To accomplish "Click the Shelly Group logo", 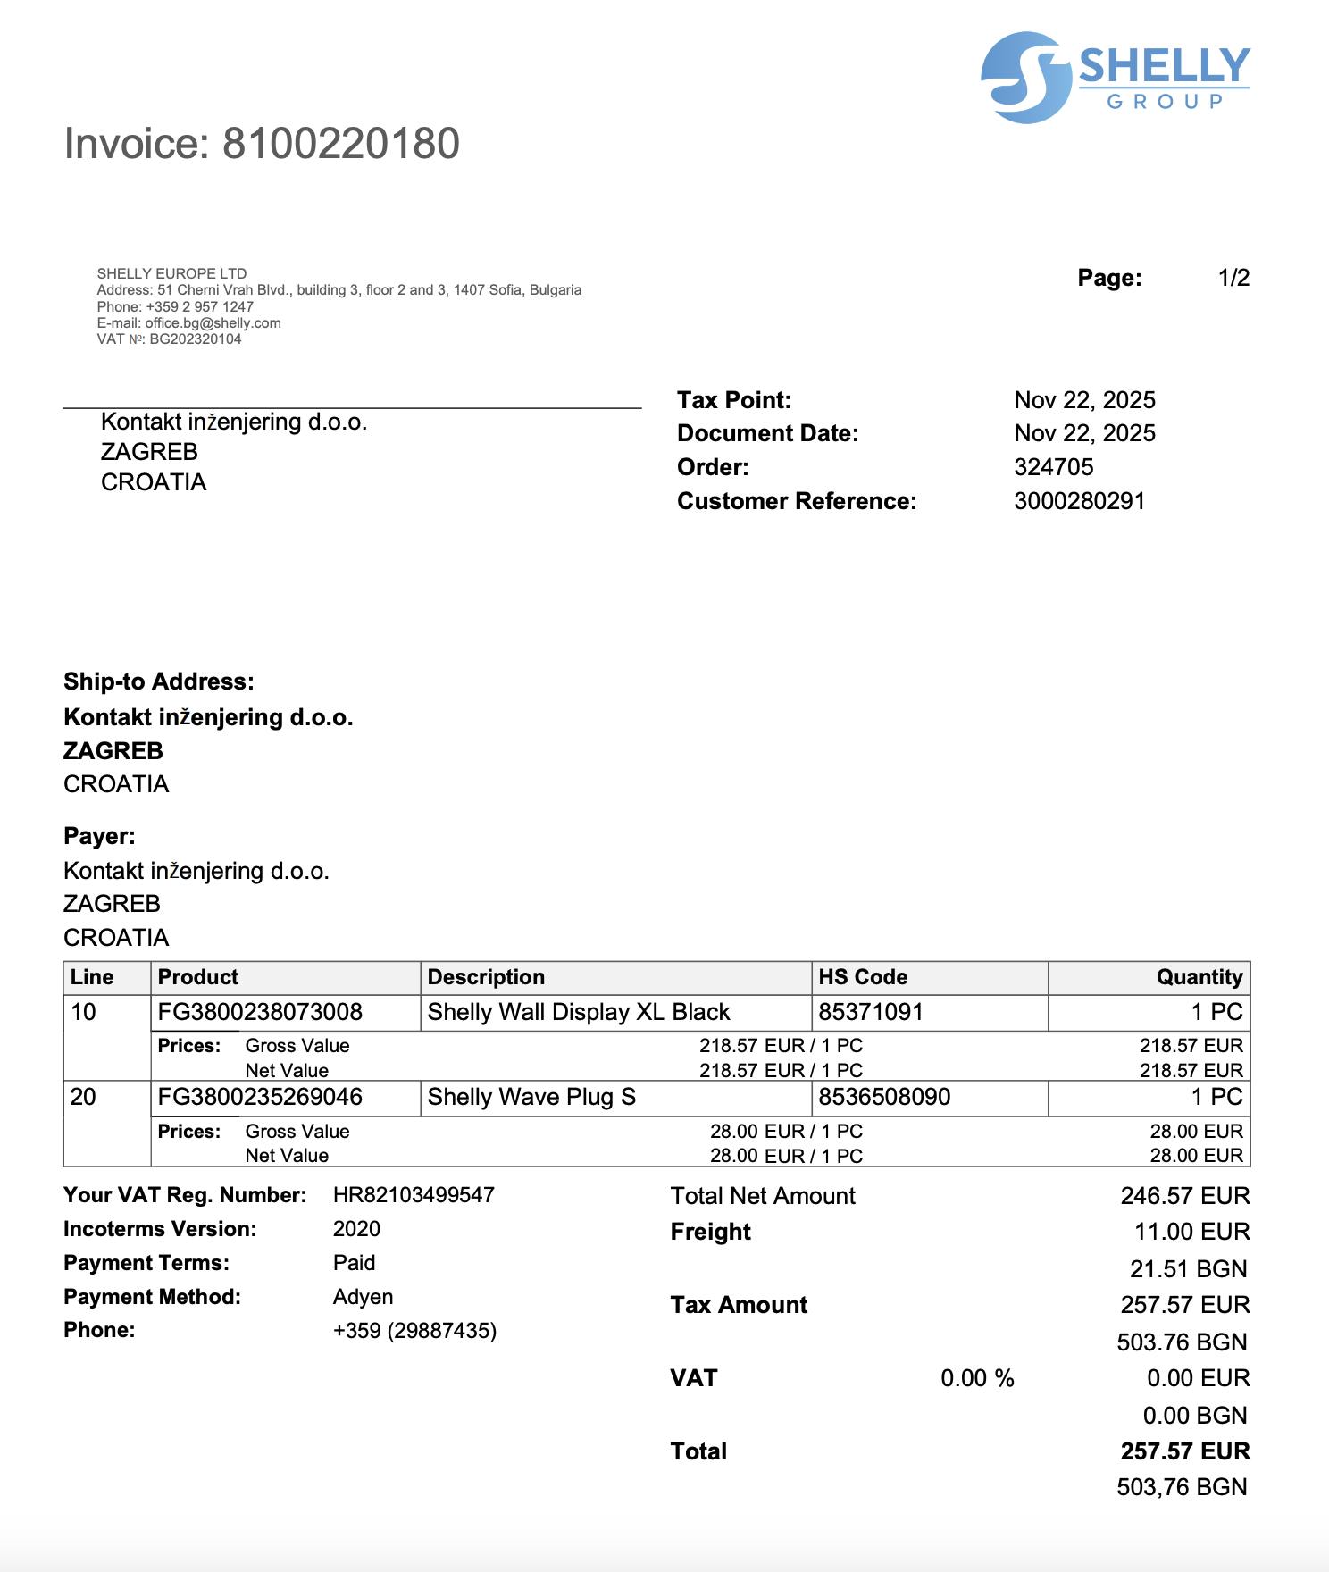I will tap(1115, 78).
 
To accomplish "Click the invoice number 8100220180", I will tap(340, 144).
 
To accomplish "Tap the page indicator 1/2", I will tap(1233, 278).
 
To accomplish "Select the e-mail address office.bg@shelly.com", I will tap(213, 323).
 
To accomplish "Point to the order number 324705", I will tap(1053, 467).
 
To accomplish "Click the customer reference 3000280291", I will tap(1079, 501).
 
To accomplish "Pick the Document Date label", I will tap(767, 433).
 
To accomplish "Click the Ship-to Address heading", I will tap(158, 681).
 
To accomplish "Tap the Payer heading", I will tap(99, 836).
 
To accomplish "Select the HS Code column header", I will tap(863, 977).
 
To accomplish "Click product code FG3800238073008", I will tap(260, 1012).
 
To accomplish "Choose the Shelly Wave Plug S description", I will tap(531, 1097).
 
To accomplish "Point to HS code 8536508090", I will tap(884, 1097).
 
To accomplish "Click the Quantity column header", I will tap(1199, 977).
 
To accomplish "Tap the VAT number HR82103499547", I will tap(414, 1195).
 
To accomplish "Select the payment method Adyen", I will tap(363, 1297).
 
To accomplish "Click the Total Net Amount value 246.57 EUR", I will tap(1184, 1196).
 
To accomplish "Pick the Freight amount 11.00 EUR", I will tap(1191, 1232).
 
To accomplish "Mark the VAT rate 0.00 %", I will tap(977, 1378).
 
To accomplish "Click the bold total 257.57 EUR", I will tap(1184, 1451).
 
